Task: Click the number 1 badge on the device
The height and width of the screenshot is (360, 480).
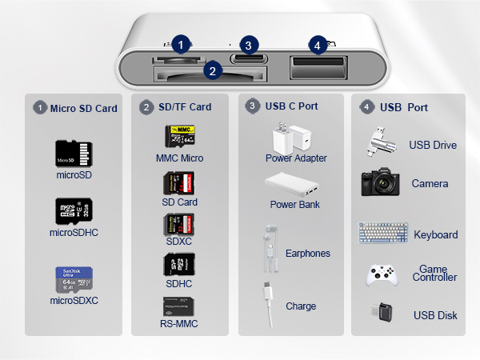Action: coord(183,45)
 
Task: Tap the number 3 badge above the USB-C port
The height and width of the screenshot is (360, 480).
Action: coord(250,45)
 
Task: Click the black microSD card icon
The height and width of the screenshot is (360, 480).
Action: coord(73,153)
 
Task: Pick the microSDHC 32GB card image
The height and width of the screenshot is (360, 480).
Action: coord(73,211)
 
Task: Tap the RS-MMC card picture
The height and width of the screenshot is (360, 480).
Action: coord(179,307)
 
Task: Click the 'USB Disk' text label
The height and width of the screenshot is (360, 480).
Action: coord(435,315)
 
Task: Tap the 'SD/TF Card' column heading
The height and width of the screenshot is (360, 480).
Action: coord(185,107)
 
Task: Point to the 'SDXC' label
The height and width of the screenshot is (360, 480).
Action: coord(179,241)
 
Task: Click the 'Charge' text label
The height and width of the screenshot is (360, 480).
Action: coord(301,306)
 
